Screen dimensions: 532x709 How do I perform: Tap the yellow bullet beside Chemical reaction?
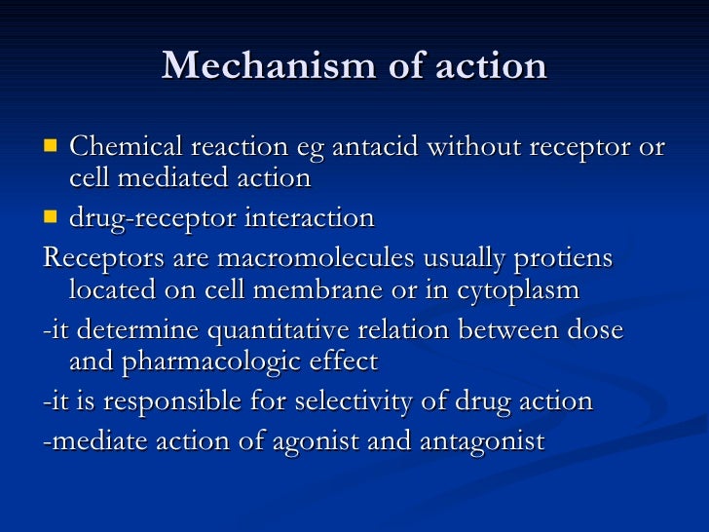(x=52, y=147)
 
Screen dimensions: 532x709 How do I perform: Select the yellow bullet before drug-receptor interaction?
(x=52, y=216)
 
